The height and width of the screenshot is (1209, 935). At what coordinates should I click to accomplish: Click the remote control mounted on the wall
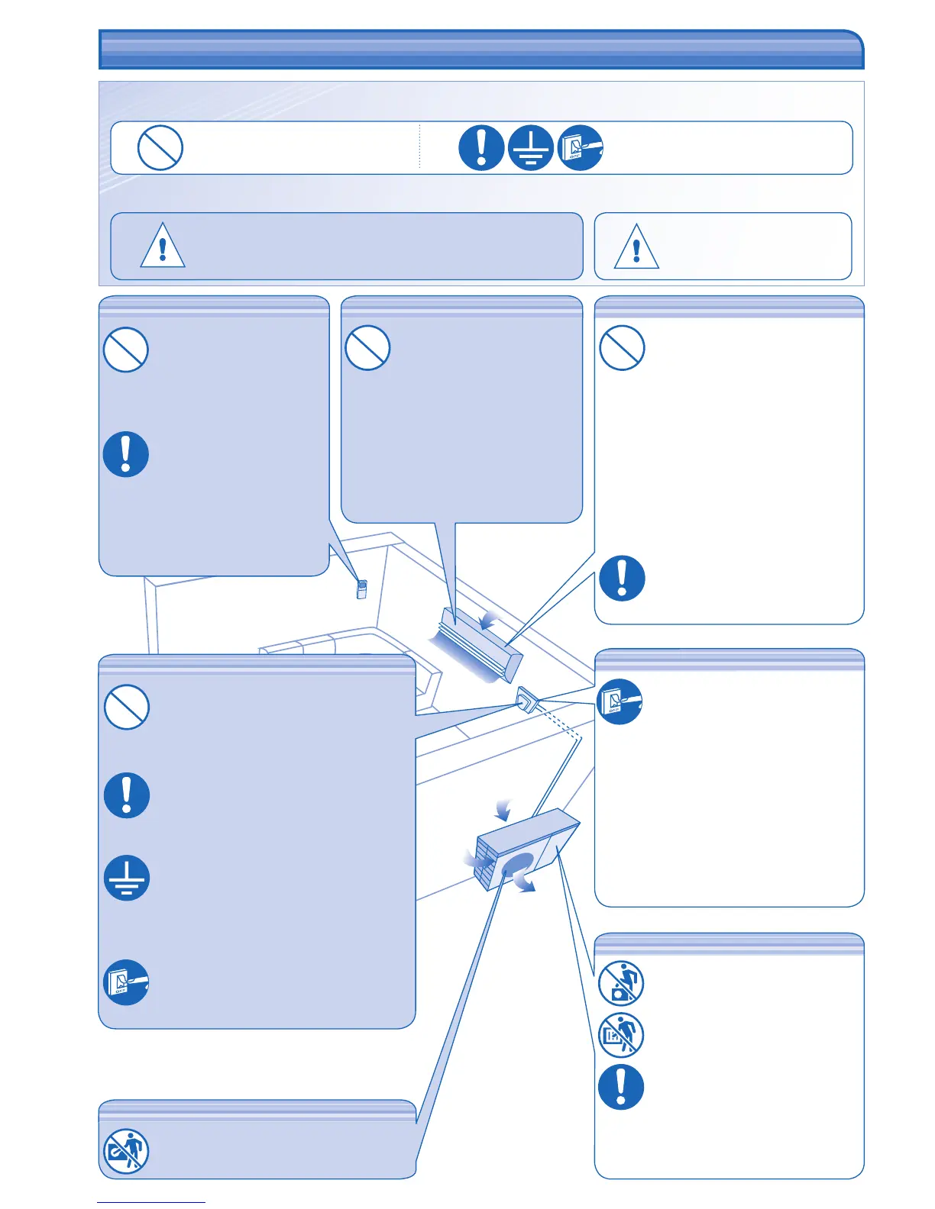pyautogui.click(x=362, y=589)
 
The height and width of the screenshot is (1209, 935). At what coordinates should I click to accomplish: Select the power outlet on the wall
pyautogui.click(x=526, y=699)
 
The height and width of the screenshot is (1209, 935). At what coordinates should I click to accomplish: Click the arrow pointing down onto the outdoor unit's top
pyautogui.click(x=501, y=808)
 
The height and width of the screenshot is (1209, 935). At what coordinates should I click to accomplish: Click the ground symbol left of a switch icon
pyautogui.click(x=530, y=148)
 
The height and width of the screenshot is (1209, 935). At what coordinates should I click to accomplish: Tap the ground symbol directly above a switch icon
pyautogui.click(x=127, y=878)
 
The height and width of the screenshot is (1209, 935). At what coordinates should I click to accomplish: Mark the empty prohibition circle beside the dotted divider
pyautogui.click(x=160, y=148)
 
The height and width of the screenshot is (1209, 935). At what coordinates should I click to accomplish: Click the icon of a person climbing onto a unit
pyautogui.click(x=621, y=984)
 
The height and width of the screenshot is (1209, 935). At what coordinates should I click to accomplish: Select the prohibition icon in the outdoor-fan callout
pyautogui.click(x=126, y=1151)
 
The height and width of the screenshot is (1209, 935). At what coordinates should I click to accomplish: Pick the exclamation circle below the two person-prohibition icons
pyautogui.click(x=621, y=1087)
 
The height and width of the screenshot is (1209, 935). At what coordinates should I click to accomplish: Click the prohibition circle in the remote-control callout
pyautogui.click(x=126, y=350)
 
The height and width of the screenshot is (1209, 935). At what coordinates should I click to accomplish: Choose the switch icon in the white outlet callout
pyautogui.click(x=620, y=701)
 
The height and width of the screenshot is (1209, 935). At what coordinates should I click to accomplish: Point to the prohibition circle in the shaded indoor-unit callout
pyautogui.click(x=368, y=348)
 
